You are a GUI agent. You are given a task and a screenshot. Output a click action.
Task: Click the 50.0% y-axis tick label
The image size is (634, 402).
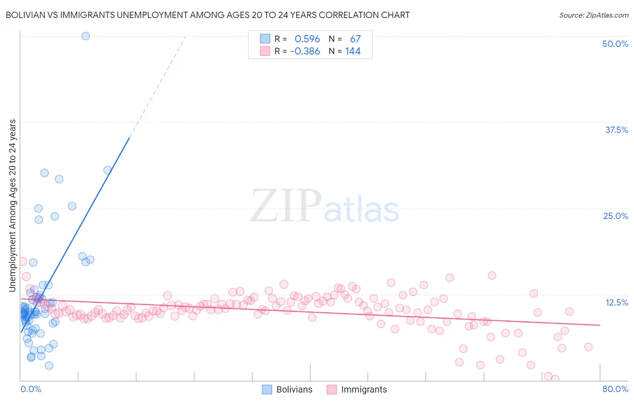[x=615, y=44]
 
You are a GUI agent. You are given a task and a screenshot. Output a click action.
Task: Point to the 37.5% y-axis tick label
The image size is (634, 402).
[x=616, y=130]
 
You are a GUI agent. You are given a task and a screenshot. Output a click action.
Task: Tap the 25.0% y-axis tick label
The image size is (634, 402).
[x=615, y=216]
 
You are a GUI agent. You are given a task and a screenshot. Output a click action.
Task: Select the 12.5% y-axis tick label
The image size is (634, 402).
[x=616, y=302]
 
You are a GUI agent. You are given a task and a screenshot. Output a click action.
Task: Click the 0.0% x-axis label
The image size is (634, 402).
[x=31, y=389]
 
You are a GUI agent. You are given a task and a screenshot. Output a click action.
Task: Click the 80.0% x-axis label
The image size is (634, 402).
[x=615, y=389]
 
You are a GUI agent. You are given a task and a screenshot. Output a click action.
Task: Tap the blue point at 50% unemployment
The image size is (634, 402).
[x=86, y=36]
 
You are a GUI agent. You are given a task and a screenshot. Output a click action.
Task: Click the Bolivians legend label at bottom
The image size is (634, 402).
[x=294, y=389]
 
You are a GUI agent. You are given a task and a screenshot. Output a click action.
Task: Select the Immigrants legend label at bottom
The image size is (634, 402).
[x=363, y=389]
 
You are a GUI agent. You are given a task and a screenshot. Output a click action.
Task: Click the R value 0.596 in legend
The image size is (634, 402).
[x=307, y=39]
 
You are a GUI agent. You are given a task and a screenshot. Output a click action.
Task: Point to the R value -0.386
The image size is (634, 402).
[x=305, y=51]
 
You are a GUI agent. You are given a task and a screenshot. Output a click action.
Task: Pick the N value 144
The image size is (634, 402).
[x=353, y=51]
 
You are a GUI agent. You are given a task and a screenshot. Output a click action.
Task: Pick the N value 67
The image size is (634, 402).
[x=355, y=39]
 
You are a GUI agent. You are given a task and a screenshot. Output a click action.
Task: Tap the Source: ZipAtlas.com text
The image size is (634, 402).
[x=593, y=15]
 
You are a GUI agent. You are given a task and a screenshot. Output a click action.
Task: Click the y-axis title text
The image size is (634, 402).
[x=13, y=205]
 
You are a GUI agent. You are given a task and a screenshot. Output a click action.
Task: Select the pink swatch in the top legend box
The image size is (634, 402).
[x=265, y=51]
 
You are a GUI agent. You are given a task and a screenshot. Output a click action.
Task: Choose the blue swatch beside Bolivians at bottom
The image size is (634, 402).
[x=267, y=389]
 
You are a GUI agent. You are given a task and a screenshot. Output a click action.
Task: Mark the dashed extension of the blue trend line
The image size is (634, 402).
[x=158, y=86]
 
